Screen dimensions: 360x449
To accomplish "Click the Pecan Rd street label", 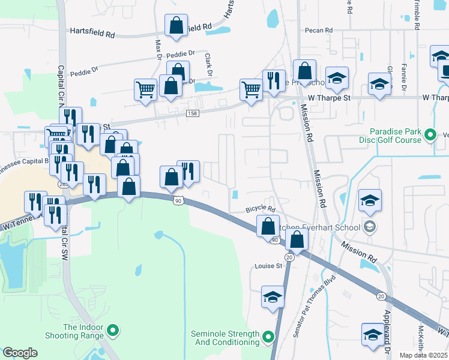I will (x=318, y=30).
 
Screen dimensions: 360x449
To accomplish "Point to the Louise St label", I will (x=268, y=266).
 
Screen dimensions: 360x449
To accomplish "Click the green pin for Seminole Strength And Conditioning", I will (x=268, y=338).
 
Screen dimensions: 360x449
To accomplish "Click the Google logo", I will (x=20, y=353).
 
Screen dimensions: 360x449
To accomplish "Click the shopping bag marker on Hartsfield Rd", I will (x=176, y=26).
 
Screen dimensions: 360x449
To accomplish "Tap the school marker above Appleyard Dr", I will (x=372, y=334).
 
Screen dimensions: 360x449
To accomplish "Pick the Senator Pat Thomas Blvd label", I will (x=312, y=307).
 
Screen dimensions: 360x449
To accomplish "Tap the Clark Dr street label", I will (x=209, y=65).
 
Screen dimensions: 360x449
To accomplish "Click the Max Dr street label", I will (x=159, y=50).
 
